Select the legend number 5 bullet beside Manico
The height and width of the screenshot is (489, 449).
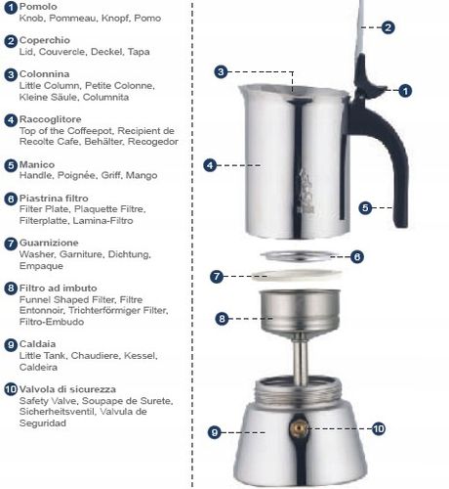coord(11,165)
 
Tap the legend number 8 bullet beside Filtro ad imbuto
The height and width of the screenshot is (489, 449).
coord(11,289)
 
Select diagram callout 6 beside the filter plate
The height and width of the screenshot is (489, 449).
coord(357,256)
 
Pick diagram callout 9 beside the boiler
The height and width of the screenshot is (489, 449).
coord(214,431)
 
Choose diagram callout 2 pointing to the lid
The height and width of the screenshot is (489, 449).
coord(388,27)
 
